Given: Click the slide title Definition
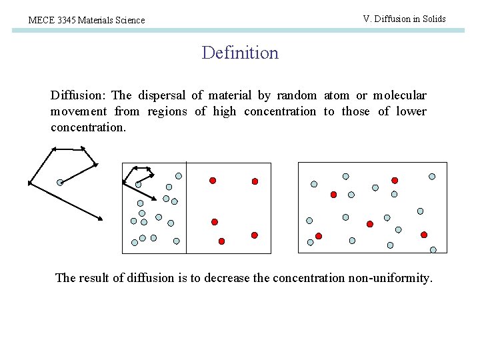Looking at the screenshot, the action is tap(240, 53).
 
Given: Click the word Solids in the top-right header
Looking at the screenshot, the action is tap(432, 19).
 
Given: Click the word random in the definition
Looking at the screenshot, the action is tap(296, 95).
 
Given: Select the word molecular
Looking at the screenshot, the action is tap(399, 95).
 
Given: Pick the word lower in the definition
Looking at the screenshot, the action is tap(411, 111).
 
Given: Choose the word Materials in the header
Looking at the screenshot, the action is tap(97, 21).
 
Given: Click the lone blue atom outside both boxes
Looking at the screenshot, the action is tap(60, 182).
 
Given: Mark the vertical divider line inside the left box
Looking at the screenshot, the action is tap(186, 207).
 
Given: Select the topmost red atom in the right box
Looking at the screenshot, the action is tap(395, 180).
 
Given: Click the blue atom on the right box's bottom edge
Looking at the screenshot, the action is tap(433, 250).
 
